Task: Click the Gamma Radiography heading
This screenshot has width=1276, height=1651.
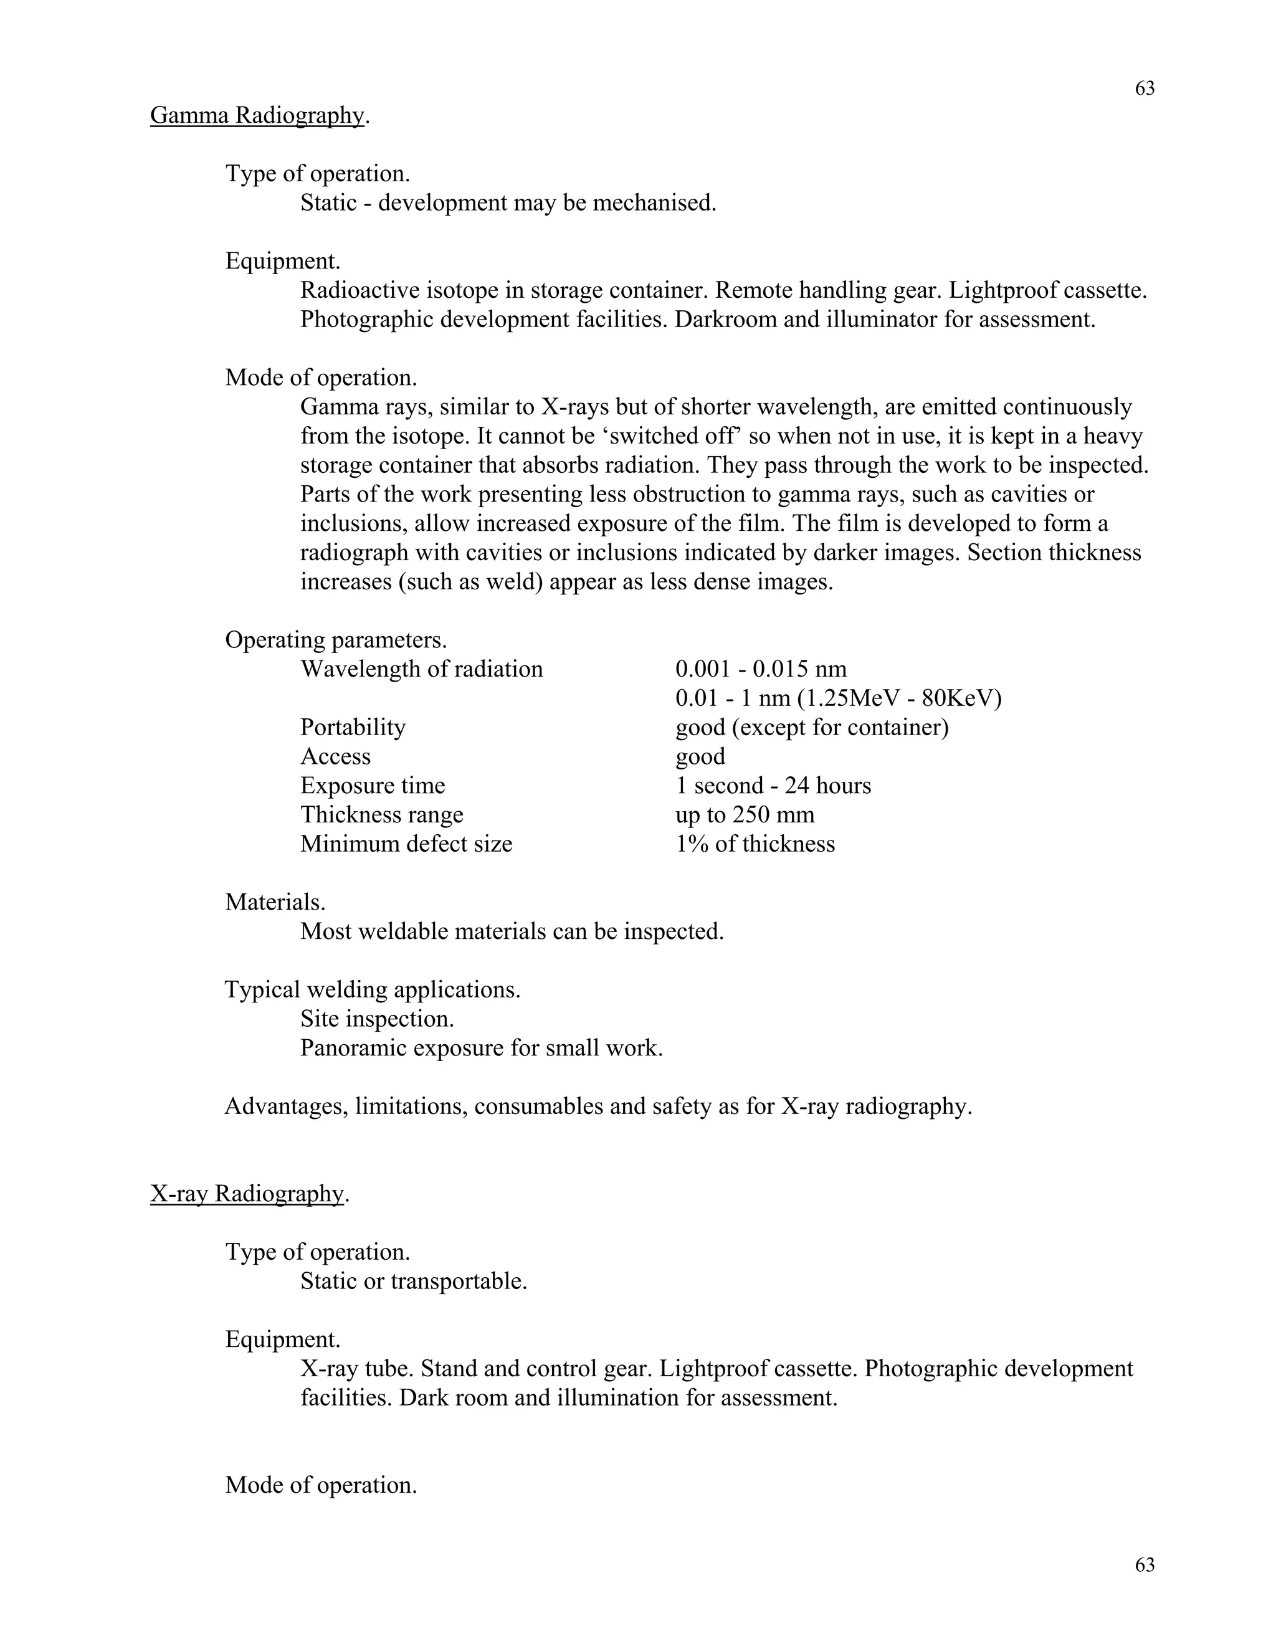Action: [257, 116]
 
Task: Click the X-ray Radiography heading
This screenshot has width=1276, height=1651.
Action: [247, 1194]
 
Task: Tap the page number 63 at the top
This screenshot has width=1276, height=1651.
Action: [1145, 89]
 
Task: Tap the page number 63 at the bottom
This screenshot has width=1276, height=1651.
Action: [1145, 1565]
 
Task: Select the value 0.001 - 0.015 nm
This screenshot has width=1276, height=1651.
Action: [761, 669]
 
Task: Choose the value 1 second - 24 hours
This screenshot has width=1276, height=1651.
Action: [773, 786]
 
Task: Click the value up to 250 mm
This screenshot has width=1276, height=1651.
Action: [745, 815]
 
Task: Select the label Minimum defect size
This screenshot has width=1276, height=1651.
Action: [406, 844]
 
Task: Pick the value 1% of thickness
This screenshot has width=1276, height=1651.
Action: [755, 844]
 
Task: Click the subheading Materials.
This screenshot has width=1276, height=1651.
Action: [275, 902]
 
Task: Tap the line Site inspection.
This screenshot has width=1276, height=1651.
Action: [376, 1019]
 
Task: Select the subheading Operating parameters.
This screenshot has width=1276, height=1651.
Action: [336, 640]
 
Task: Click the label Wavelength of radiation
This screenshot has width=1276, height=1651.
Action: [421, 669]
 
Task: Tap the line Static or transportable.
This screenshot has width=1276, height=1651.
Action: [414, 1282]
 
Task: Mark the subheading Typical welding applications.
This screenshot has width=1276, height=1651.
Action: [372, 989]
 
